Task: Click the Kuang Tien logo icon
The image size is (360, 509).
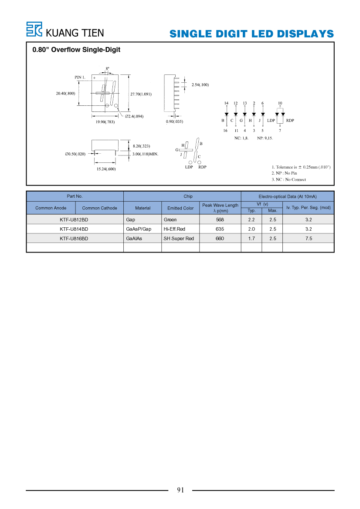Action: tap(34, 29)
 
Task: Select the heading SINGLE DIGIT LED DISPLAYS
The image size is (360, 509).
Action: tap(251, 34)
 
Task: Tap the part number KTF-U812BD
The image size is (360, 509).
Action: tap(74, 220)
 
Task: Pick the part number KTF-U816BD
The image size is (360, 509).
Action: tap(74, 239)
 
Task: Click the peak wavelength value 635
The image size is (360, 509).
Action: tap(220, 229)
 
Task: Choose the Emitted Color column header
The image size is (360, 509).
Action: tap(180, 208)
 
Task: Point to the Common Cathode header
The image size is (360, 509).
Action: tap(99, 208)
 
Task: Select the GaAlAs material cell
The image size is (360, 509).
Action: tap(134, 239)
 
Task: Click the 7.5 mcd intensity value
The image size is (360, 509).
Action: tap(309, 239)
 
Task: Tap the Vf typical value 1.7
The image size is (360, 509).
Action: tap(251, 239)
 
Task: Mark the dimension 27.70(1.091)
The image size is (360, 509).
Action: tap(141, 94)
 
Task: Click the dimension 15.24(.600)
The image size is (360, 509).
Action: tap(106, 169)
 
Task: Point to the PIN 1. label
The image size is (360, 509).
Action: tap(80, 77)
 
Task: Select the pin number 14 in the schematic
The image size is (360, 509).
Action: tap(227, 103)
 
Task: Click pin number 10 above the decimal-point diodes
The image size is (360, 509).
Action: tap(280, 103)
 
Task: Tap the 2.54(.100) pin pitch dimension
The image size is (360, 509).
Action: tap(200, 85)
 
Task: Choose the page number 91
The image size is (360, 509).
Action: tap(180, 490)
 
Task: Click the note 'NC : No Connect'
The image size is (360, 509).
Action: tap(289, 179)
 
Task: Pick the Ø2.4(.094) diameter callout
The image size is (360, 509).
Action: tap(134, 116)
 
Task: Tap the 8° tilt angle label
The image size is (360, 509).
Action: tap(108, 69)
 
